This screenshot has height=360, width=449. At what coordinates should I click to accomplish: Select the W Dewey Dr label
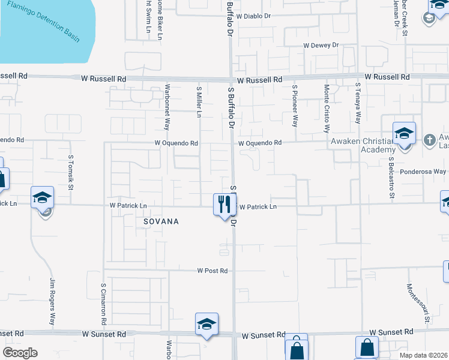[x=321, y=45]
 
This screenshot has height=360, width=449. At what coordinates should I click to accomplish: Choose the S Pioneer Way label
[x=295, y=106]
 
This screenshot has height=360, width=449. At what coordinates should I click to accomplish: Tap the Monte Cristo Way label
[x=327, y=108]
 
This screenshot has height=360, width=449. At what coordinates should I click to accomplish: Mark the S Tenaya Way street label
[x=358, y=103]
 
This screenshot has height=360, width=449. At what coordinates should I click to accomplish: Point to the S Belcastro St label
[x=391, y=178]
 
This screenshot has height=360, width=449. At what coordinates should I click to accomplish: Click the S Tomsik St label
[x=71, y=173]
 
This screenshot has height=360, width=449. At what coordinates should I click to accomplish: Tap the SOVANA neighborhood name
[x=161, y=221]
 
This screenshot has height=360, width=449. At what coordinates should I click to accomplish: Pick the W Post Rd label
[x=212, y=271]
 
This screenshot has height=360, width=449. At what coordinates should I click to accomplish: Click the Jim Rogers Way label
[x=52, y=302]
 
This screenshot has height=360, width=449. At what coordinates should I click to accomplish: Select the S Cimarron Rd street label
[x=104, y=304]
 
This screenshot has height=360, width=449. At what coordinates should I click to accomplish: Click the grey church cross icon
[x=429, y=140]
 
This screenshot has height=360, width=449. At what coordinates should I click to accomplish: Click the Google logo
[x=20, y=353]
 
